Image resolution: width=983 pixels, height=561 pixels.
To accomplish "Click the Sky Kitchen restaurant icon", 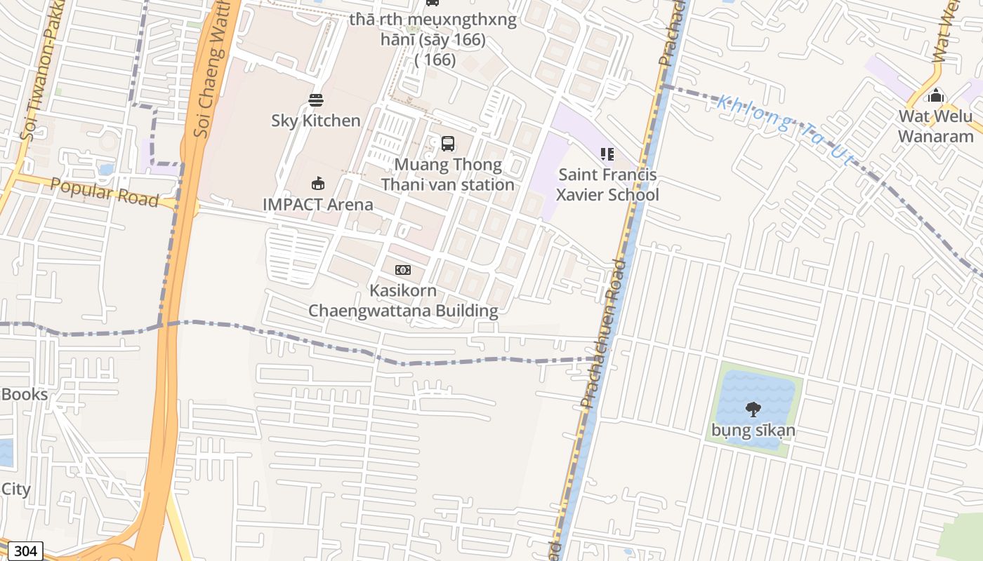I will [x=316, y=100].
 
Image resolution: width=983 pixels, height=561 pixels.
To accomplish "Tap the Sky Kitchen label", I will [x=316, y=121].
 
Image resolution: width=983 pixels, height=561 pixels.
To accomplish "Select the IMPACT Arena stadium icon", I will [x=317, y=184].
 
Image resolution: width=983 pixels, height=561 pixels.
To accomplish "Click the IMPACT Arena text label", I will [x=317, y=205].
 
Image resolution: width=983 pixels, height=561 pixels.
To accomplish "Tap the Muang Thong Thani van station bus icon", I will [x=447, y=144].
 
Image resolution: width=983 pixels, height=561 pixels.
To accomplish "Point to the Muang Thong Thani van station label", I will [x=447, y=175].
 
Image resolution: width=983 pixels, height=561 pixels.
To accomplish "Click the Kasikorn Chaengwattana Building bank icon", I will [x=402, y=270].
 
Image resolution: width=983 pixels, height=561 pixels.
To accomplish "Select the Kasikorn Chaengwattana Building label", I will [x=403, y=301].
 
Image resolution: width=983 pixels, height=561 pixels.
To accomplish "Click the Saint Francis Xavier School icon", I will [x=607, y=154].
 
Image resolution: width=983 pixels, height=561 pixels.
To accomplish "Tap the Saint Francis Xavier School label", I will [x=607, y=184].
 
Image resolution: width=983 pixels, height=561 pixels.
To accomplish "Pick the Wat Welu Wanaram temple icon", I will [x=935, y=95].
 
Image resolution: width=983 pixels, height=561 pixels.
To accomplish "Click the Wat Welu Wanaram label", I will [x=935, y=126].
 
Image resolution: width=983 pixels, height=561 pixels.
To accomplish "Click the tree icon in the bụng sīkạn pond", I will [x=753, y=409].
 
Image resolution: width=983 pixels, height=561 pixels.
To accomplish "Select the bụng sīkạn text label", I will [x=753, y=430].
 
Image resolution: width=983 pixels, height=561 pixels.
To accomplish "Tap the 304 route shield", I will [x=25, y=551].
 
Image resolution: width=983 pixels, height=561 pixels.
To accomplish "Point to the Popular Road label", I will [x=104, y=192].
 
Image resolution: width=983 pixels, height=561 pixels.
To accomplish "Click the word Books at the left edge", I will [x=24, y=394].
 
